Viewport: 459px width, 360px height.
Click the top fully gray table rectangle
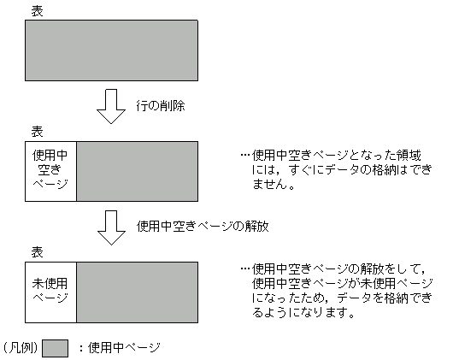pos(111,50)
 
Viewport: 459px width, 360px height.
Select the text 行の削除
pos(162,107)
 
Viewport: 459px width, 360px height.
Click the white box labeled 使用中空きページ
pos(50,172)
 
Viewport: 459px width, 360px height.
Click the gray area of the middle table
pos(137,172)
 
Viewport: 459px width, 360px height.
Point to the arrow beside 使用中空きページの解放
pos(111,227)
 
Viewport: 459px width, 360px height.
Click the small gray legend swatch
pos(55,348)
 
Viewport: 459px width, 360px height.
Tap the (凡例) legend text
pos(19,348)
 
